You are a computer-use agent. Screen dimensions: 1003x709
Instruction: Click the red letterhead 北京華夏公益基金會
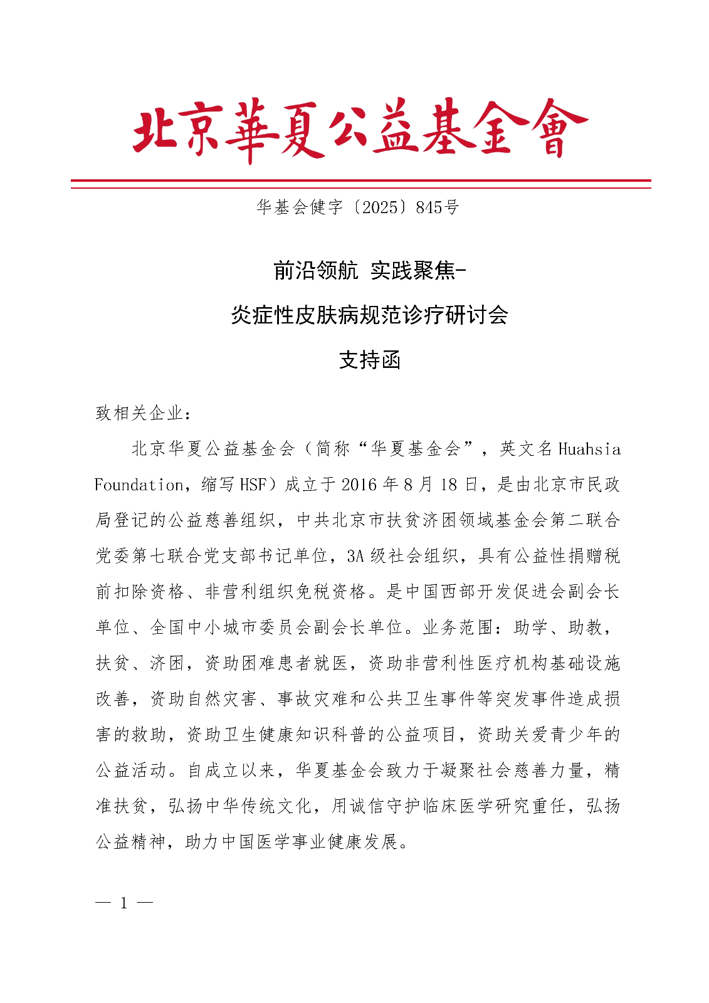pyautogui.click(x=360, y=129)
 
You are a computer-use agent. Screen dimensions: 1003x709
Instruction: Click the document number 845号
pyautogui.click(x=437, y=207)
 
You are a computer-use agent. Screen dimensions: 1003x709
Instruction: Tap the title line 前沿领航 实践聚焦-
pyautogui.click(x=370, y=270)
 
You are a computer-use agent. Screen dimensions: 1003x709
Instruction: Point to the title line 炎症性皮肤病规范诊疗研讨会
pyautogui.click(x=369, y=315)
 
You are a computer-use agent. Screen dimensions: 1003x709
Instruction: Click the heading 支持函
pyautogui.click(x=369, y=360)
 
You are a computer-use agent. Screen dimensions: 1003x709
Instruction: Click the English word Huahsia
pyautogui.click(x=589, y=449)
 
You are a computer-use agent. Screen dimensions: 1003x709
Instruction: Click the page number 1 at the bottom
pyautogui.click(x=124, y=903)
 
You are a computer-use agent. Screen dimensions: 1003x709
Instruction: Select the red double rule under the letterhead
pyautogui.click(x=360, y=184)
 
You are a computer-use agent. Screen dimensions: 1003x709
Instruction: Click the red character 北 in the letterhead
pyautogui.click(x=155, y=129)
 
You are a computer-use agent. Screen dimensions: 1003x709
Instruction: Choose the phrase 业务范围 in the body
pyautogui.click(x=458, y=628)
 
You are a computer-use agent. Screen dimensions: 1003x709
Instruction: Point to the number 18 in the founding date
pyautogui.click(x=448, y=485)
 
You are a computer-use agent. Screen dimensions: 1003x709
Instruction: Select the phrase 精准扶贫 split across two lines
pyautogui.click(x=612, y=770)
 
